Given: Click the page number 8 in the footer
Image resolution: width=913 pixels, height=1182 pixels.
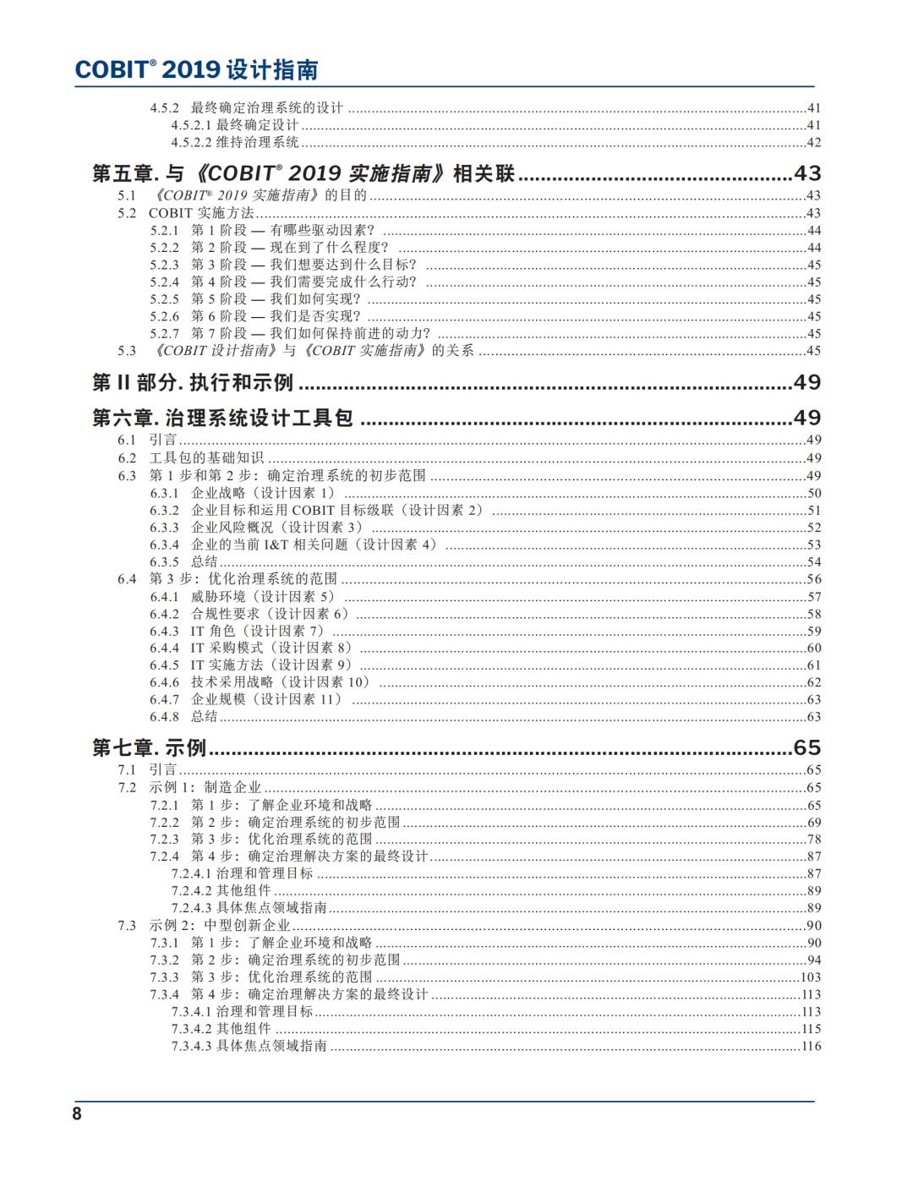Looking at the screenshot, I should coord(77,1114).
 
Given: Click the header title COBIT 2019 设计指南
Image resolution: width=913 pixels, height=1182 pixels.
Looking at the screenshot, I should coord(196,69).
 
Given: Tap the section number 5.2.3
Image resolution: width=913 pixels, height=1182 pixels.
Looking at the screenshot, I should coord(165,265).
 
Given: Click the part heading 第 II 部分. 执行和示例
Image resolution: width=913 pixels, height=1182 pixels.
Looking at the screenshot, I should coord(193,383).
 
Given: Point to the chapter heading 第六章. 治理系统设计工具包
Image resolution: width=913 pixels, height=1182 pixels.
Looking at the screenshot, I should coord(222,418).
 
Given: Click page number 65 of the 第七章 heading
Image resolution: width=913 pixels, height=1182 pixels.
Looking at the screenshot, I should coord(806,747).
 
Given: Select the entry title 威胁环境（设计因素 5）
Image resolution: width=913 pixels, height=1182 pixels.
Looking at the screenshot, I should coord(263,597).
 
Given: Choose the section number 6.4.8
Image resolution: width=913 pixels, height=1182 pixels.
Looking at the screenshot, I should coord(165,717).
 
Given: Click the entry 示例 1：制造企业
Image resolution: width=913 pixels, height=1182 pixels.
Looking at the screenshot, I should coord(205,788).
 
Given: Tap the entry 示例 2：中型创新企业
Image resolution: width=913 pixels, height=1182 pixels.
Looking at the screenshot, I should coord(220,926).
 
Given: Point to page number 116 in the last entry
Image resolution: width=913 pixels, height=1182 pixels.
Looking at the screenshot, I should coord(811,1047).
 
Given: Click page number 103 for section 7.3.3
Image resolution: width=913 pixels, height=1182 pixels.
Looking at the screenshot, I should coord(811,977).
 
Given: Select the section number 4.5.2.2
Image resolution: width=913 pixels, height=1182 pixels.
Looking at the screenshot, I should coord(191,142).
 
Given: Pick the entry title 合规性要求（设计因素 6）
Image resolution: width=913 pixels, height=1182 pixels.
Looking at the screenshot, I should coord(270,614).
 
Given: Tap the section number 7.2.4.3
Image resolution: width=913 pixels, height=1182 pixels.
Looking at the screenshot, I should coord(191,908).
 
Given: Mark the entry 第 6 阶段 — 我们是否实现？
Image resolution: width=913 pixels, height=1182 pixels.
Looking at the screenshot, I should coord(276,316).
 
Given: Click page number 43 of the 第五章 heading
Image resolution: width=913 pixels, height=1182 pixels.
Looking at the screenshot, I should coord(806,174).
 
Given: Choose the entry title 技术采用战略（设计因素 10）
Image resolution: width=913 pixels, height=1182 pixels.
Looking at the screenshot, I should coord(281,682).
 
